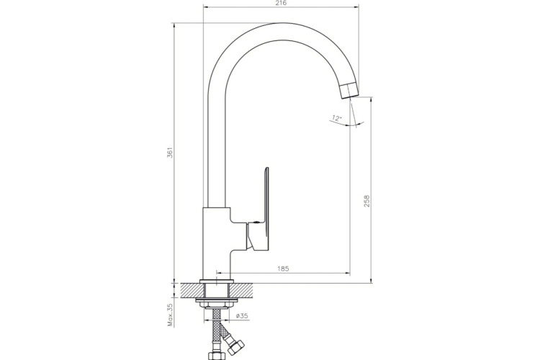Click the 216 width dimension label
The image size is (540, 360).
281,3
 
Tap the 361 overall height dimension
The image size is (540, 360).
169,153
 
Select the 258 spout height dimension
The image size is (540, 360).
366,201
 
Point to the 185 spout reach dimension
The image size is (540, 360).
283,269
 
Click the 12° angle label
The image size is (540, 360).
336,118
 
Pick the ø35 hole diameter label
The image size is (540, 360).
242,315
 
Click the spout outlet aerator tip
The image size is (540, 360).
349,91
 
